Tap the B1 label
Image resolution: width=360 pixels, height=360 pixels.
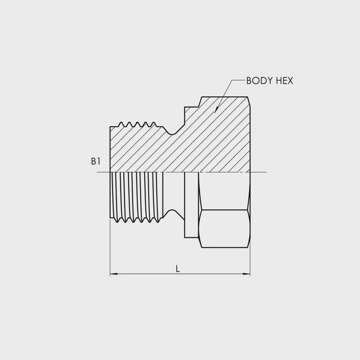tap(96, 161)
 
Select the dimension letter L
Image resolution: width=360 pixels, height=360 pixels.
tap(178, 269)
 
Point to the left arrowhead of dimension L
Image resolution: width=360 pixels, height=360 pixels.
tap(114, 274)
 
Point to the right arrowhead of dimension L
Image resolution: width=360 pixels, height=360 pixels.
tap(246, 274)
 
